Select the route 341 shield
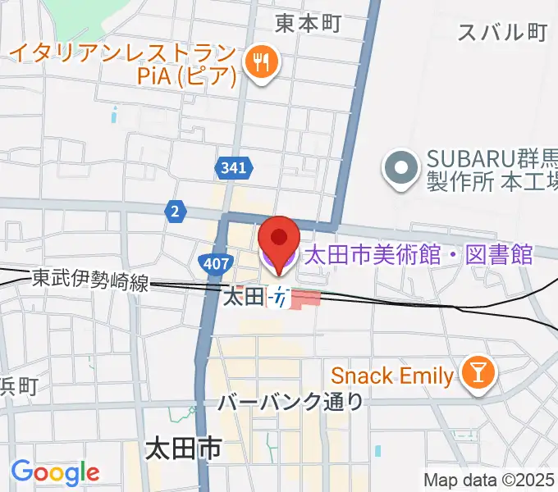(x=232, y=169)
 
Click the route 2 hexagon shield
(x=175, y=211)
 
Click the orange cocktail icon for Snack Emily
(x=476, y=374)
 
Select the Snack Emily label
(x=391, y=376)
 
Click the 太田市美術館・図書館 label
(x=418, y=255)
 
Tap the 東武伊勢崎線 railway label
(x=90, y=280)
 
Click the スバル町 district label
(x=501, y=32)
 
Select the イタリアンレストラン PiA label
(x=123, y=65)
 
